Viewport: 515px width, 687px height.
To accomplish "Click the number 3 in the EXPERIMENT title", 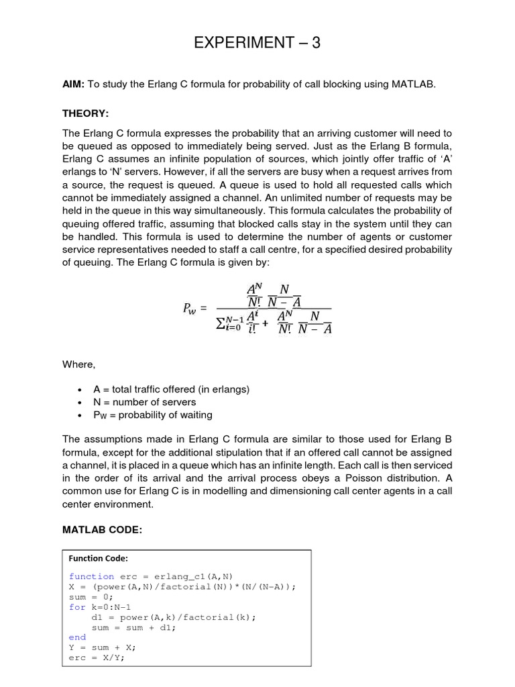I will (x=315, y=44).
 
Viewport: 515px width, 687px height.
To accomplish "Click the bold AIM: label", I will (x=74, y=84).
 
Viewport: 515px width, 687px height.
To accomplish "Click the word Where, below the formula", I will (x=79, y=364).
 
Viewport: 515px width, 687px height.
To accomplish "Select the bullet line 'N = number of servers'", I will (x=145, y=402).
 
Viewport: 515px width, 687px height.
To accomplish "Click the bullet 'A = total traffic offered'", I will (x=171, y=389).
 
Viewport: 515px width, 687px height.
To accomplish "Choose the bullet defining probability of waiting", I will (x=153, y=415).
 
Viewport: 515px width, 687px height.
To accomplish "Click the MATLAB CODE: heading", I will (x=103, y=530).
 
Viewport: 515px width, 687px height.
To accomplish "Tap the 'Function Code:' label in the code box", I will (x=98, y=558).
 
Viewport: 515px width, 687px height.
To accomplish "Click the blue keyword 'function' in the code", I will (x=91, y=576).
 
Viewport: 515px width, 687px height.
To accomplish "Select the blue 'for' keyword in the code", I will (x=76, y=607).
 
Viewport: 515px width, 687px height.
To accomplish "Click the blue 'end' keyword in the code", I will (x=77, y=637).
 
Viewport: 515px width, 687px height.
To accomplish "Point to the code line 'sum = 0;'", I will (x=91, y=596).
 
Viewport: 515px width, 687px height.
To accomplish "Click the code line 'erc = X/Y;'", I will (x=97, y=657).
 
